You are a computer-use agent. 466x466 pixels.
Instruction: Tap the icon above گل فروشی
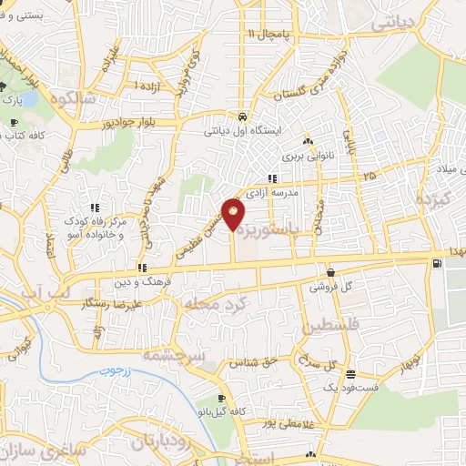(x=329, y=272)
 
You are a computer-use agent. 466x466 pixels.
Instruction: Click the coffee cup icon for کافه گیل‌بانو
(x=221, y=400)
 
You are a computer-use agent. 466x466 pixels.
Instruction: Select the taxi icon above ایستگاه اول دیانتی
(x=242, y=117)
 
